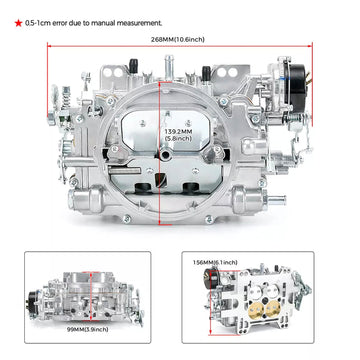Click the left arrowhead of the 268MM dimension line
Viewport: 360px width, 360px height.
tap(50, 52)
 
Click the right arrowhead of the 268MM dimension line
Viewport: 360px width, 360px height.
tap(313, 52)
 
